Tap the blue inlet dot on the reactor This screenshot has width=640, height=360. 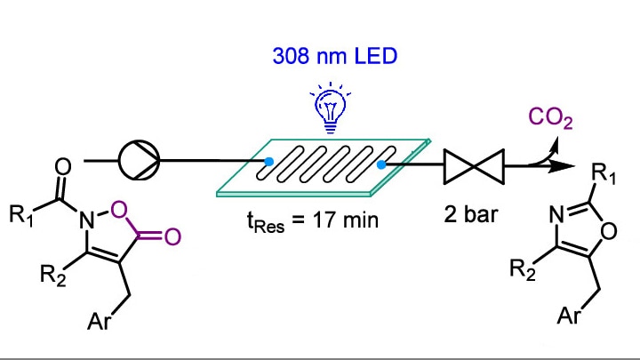click(x=268, y=161)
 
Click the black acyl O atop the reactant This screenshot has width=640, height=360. click(x=60, y=166)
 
